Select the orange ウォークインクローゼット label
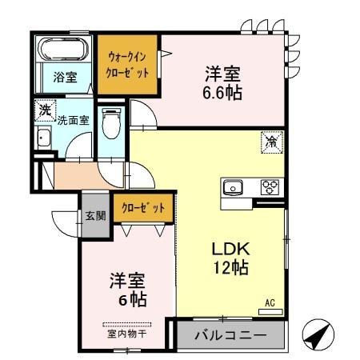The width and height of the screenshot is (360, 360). pyautogui.click(x=127, y=63)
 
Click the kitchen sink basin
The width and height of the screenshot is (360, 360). pyautogui.click(x=234, y=189)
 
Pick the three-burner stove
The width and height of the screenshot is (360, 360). pyautogui.click(x=269, y=188)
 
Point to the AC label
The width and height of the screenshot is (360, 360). pyautogui.click(x=270, y=303)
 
